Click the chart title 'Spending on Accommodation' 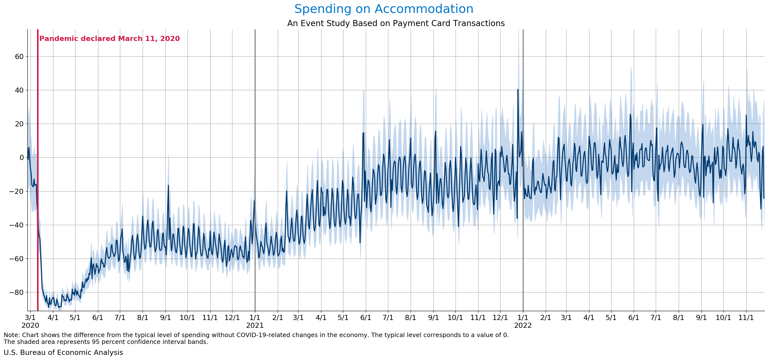pyautogui.click(x=384, y=9)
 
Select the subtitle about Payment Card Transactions pyautogui.click(x=396, y=23)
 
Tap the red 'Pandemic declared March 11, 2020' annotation pyautogui.click(x=110, y=39)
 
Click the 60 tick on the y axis pyautogui.click(x=19, y=56)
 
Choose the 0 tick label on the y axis pyautogui.click(x=21, y=158)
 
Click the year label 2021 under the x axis pyautogui.click(x=255, y=325)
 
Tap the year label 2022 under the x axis pyautogui.click(x=523, y=325)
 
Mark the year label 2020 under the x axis pyautogui.click(x=30, y=325)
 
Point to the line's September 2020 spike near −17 pyautogui.click(x=168, y=185)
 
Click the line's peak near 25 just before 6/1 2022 pyautogui.click(x=630, y=114)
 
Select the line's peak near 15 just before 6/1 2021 pyautogui.click(x=363, y=133)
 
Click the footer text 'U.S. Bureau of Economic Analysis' pyautogui.click(x=63, y=352)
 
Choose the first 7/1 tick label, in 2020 pyautogui.click(x=120, y=317)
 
